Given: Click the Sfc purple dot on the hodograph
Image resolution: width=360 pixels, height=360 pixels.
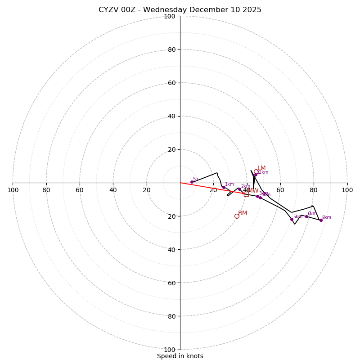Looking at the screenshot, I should click(192, 182).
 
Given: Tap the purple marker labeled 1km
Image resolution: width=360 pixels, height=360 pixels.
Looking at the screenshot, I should click(224, 187).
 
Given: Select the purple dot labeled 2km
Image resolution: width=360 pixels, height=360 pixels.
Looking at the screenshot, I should click(239, 189).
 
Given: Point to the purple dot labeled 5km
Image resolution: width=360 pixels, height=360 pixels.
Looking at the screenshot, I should click(292, 220).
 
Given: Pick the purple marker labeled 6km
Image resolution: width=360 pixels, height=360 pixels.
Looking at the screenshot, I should click(306, 216).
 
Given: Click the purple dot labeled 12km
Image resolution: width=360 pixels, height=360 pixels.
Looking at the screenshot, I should click(256, 175).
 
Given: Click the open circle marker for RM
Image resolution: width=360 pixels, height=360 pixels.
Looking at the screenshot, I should click(237, 216).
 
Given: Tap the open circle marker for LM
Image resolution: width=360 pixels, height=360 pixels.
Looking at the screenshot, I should click(256, 171).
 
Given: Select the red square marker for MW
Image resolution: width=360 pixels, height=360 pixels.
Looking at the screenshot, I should click(246, 194).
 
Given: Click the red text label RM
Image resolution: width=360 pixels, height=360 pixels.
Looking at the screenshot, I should click(243, 213).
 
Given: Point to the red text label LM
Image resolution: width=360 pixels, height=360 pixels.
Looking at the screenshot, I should click(261, 168).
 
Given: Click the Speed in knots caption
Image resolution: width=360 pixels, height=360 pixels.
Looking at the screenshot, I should click(180, 356).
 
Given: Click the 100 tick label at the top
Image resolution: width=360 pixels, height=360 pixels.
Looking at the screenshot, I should click(170, 16).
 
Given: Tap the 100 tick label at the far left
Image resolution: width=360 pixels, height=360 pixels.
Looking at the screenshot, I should click(13, 190).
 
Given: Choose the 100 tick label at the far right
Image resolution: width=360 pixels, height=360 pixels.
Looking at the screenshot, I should click(347, 190).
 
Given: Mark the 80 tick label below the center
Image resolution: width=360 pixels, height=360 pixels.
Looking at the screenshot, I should click(171, 316).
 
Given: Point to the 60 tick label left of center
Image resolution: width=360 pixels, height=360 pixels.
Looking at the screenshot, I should click(80, 190).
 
